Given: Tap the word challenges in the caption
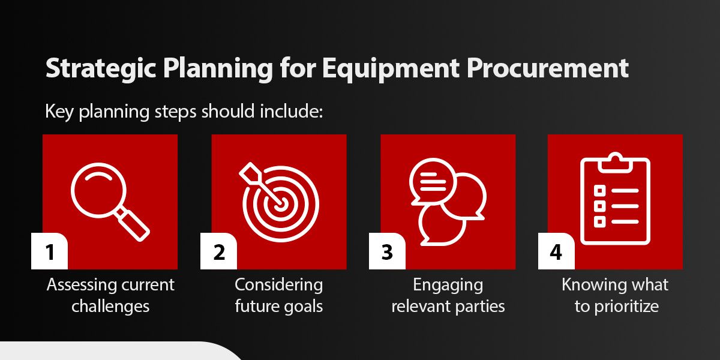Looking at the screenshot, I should tap(110, 306).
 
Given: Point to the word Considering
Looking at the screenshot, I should tap(278, 284).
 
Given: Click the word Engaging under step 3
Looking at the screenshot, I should tap(448, 284).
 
